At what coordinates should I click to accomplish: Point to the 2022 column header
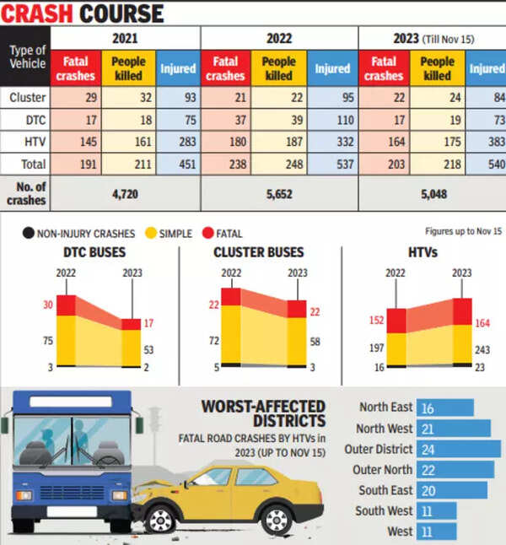(279, 37)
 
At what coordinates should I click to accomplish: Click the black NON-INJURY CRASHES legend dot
(29, 232)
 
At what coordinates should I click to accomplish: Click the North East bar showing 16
(445, 407)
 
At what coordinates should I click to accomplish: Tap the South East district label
(384, 490)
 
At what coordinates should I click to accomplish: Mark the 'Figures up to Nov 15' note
(462, 229)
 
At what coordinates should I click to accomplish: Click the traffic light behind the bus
(154, 418)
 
